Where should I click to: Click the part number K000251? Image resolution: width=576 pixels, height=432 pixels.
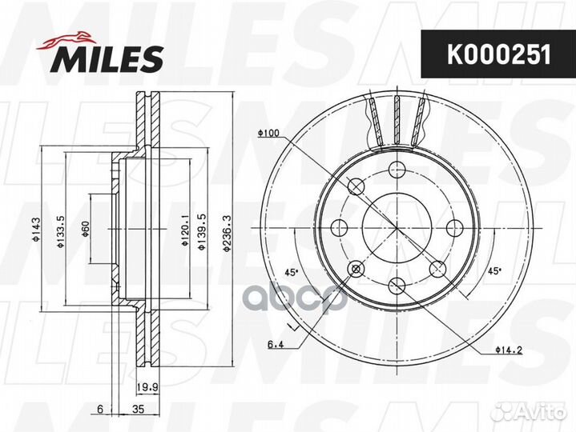coord(499,54)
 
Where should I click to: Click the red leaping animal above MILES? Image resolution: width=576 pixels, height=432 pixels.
coord(66,40)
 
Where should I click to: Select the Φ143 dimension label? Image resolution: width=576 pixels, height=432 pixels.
coord(35,230)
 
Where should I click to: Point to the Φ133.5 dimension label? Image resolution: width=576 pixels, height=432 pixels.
coord(61,231)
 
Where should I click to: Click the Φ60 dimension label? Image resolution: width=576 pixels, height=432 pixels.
coord(85,230)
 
